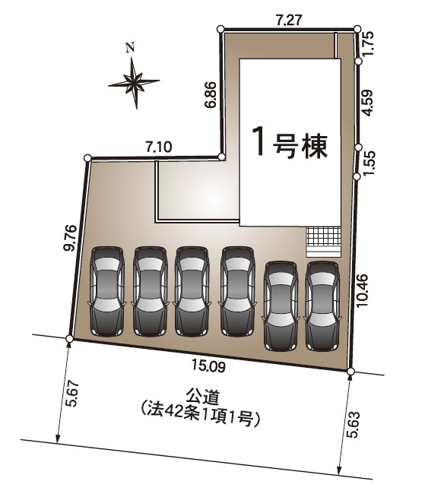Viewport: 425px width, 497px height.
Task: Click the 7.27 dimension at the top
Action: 290,20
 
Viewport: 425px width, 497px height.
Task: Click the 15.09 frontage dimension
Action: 208,366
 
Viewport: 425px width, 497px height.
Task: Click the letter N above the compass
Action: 130,48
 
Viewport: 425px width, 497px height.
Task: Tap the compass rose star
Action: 135,81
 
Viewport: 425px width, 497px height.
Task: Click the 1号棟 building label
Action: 290,144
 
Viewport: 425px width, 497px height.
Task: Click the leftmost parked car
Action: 107,291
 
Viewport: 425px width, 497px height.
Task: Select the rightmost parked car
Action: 322,305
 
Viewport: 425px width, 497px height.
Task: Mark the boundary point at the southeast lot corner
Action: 350,372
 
